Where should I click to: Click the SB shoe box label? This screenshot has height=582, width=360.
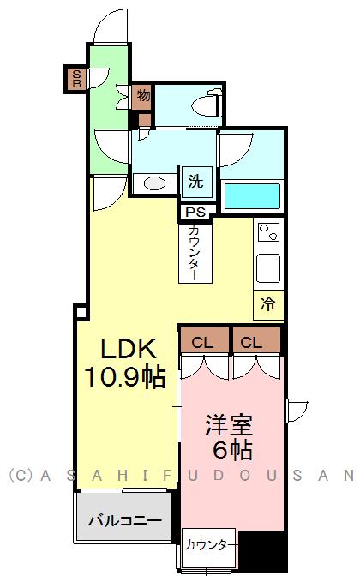pos(77,79)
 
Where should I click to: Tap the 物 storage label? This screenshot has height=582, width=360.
pos(143,95)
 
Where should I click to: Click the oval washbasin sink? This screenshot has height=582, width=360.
pos(154,183)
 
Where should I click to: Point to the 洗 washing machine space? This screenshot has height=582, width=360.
pos(196,182)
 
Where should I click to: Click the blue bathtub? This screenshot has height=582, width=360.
pos(252,196)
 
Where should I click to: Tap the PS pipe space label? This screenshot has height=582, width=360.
pos(195,213)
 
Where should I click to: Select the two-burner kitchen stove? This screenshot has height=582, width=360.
pos(268,232)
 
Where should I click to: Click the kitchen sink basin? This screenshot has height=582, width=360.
pos(268,268)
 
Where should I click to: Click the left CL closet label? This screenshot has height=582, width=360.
pos(202,342)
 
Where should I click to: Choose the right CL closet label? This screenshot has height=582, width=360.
pos(251,342)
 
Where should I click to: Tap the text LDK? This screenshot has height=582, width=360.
pos(128,349)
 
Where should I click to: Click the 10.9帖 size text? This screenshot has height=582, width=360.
pos(124,377)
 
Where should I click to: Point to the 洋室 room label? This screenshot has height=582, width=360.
pos(229,425)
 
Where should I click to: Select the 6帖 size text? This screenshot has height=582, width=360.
pos(232,450)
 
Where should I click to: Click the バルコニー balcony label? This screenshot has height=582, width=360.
pos(125,521)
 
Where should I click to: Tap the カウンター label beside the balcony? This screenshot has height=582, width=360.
pos(211,545)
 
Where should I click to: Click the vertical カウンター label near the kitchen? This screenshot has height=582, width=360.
pos(195,253)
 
